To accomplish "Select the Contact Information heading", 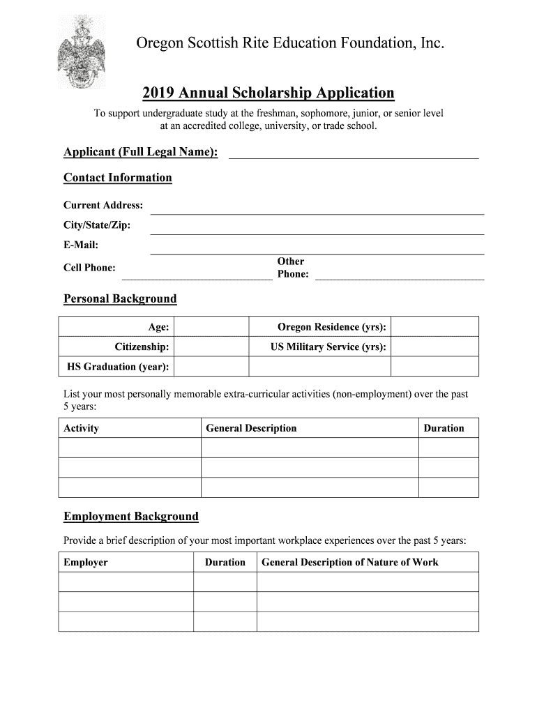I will (x=117, y=178).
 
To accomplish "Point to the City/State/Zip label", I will (x=97, y=225).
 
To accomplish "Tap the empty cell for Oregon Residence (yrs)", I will (x=434, y=326).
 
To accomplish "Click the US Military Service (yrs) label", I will (x=328, y=347).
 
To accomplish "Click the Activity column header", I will (x=82, y=428).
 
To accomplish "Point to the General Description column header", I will (x=251, y=428).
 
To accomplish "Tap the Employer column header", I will (x=86, y=562).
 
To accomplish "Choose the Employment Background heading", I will (x=131, y=517).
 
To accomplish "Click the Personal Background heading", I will (x=120, y=299).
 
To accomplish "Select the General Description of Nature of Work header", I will (x=349, y=562).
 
